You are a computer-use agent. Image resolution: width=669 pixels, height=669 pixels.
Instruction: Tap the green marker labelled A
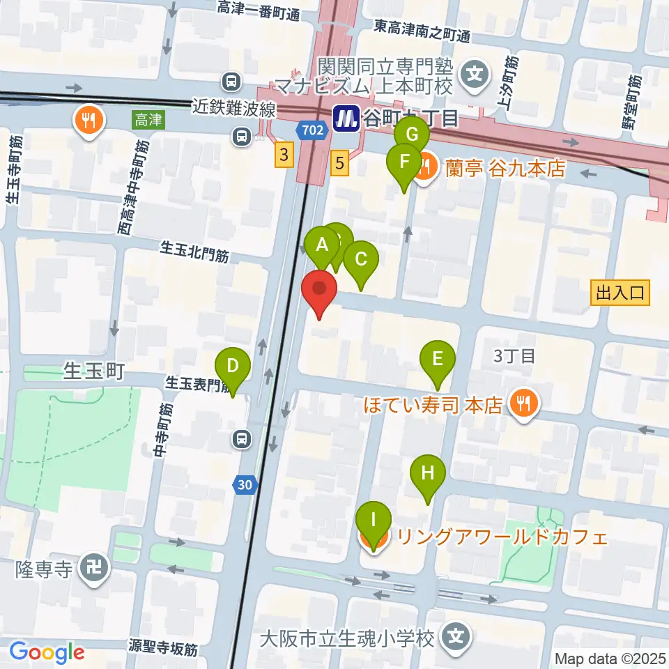tap(322, 245)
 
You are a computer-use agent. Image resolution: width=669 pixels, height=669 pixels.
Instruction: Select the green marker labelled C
tap(361, 260)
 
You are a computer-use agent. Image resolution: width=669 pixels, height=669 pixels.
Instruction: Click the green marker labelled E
tap(438, 360)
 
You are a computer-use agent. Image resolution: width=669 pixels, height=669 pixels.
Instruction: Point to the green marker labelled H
tap(427, 474)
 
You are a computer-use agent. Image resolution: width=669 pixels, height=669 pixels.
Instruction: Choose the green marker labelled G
tap(412, 134)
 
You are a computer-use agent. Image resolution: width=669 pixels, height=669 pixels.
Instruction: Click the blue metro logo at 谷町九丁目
tap(346, 118)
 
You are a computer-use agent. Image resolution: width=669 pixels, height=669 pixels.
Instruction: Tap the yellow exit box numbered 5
tap(339, 164)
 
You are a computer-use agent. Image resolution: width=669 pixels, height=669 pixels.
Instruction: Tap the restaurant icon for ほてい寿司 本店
tap(523, 403)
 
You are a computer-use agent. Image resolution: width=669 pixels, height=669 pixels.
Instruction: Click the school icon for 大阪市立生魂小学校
tap(456, 637)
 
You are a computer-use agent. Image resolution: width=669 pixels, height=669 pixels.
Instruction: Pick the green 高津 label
tap(148, 120)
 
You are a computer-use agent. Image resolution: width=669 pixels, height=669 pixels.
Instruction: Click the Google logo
tap(47, 652)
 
